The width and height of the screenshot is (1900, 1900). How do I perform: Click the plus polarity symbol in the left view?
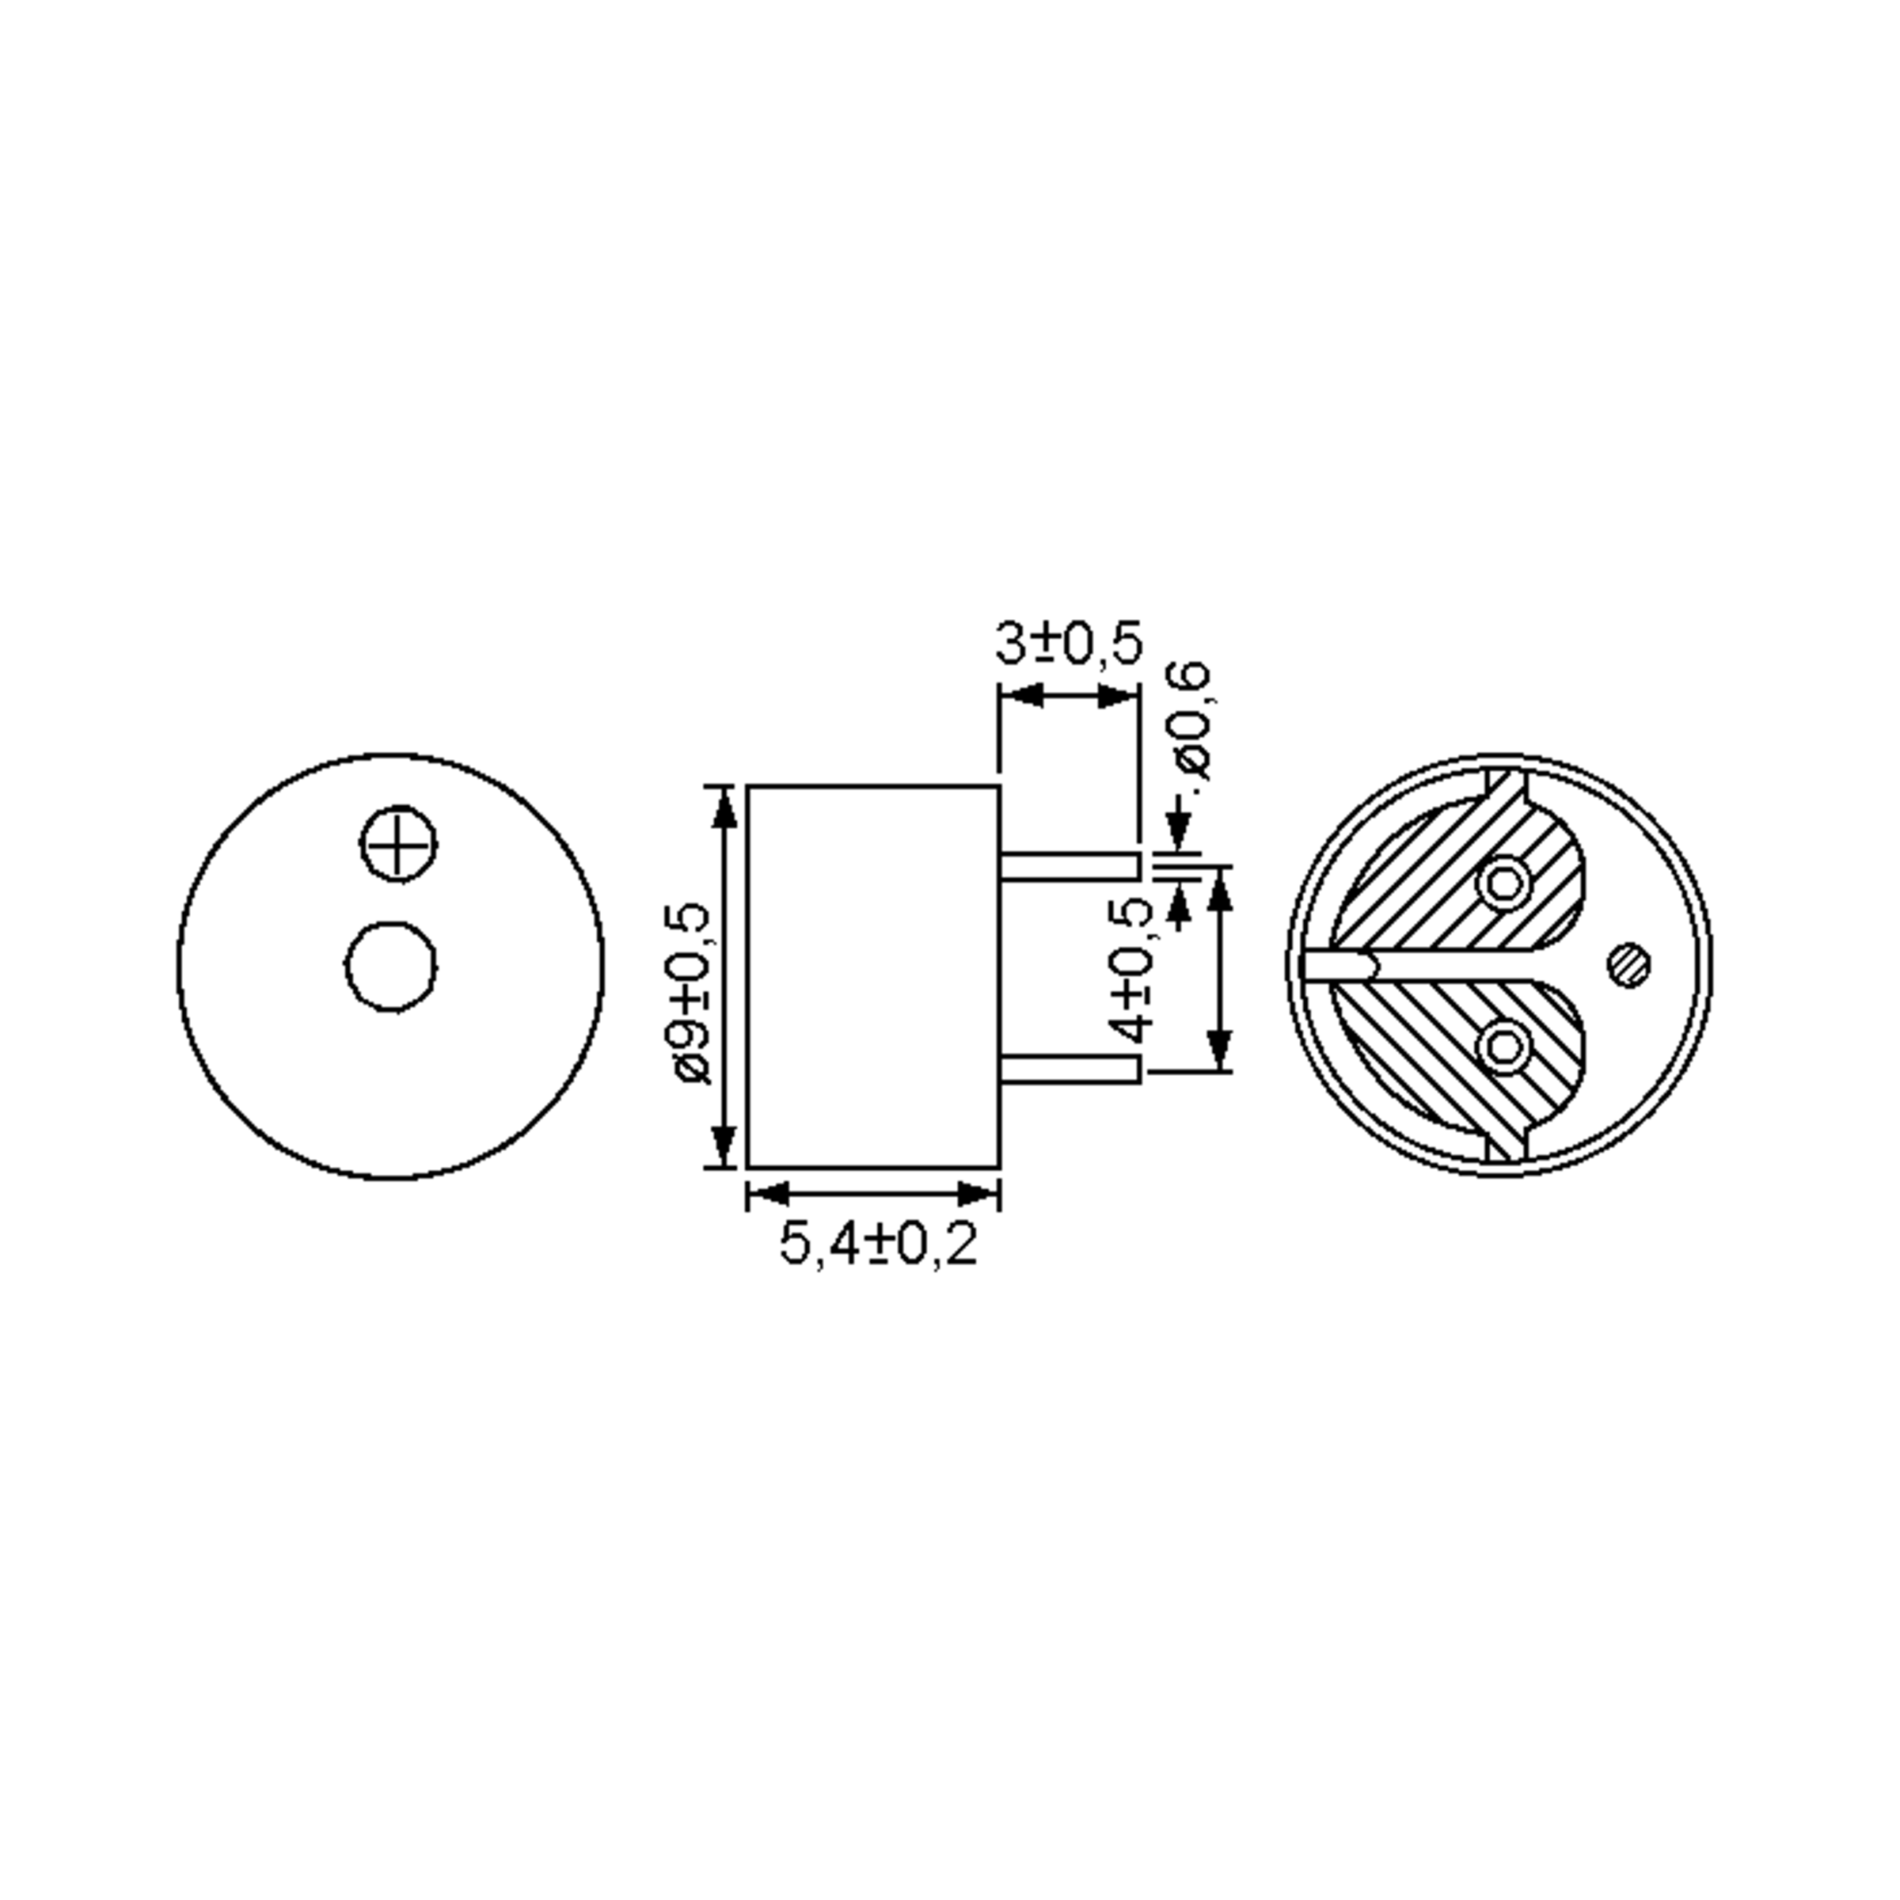coord(397,844)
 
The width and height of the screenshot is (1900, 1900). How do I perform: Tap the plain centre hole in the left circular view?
coord(391,966)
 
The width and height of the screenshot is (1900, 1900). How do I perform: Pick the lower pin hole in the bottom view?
coord(1503,1047)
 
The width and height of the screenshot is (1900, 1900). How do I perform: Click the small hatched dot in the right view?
coord(1628,966)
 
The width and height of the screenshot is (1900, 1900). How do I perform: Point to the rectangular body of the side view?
coord(873,977)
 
